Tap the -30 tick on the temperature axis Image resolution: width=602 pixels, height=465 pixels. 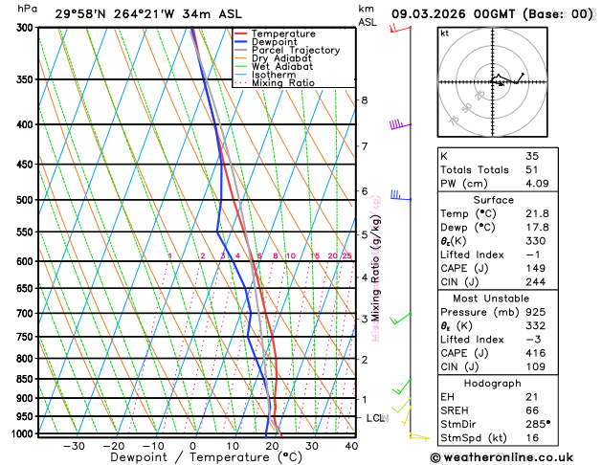[x=73, y=445]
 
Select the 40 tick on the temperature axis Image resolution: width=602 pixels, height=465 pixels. [x=351, y=445]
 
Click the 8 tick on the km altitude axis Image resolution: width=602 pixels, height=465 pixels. [x=364, y=100]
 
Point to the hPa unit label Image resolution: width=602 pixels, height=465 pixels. [x=28, y=9]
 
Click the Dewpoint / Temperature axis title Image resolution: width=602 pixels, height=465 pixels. [x=192, y=458]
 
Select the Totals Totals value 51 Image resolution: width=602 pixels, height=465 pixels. [x=532, y=169]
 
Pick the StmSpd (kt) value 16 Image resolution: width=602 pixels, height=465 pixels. [x=532, y=437]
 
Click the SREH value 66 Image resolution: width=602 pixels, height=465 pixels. [x=532, y=410]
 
